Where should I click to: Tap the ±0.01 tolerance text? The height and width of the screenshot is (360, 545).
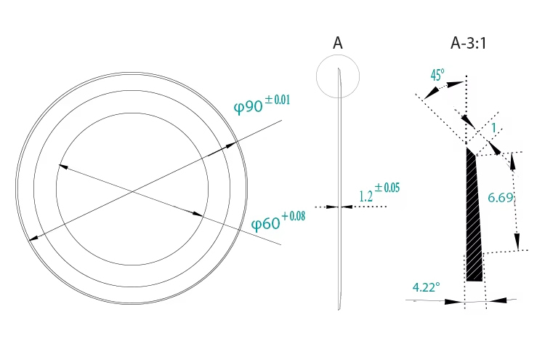tap(278, 100)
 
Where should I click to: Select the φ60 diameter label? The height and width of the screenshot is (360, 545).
tap(265, 224)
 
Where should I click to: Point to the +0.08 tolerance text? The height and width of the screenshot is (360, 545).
tap(293, 216)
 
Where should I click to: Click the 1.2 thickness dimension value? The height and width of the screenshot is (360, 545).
tap(366, 196)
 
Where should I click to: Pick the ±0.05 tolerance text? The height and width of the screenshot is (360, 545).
tap(387, 188)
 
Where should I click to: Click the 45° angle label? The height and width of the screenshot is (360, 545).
tap(437, 75)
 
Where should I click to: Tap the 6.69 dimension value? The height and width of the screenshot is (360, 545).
tap(501, 198)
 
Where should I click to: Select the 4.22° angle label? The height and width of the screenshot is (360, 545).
tap(426, 287)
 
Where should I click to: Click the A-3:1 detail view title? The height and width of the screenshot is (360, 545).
tap(468, 44)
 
